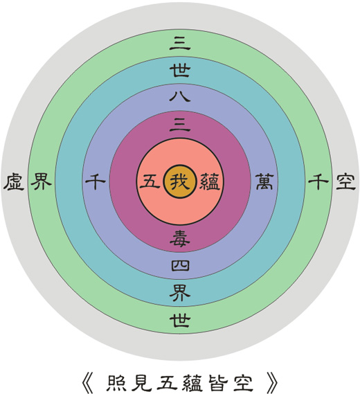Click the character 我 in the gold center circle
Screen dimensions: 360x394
tap(180, 181)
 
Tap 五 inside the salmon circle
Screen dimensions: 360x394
tap(150, 181)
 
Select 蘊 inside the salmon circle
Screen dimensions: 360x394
tap(210, 181)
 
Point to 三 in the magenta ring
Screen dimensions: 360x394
tap(180, 125)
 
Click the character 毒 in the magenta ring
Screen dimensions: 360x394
tap(180, 238)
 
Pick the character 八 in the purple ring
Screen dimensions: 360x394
tap(180, 96)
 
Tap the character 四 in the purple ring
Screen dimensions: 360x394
tap(180, 265)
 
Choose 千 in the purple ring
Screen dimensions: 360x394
tap(96, 181)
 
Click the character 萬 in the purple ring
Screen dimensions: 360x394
tap(264, 181)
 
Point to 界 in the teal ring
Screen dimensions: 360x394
tap(180, 293)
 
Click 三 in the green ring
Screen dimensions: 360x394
tap(180, 43)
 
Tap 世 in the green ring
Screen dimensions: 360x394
tap(180, 320)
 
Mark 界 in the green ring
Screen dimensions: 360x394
tap(42, 181)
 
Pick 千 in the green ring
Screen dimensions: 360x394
tap(318, 181)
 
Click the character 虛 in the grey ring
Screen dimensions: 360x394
tap(14, 181)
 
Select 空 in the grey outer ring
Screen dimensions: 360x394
tap(345, 181)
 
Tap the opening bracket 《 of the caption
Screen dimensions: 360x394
tap(88, 383)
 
